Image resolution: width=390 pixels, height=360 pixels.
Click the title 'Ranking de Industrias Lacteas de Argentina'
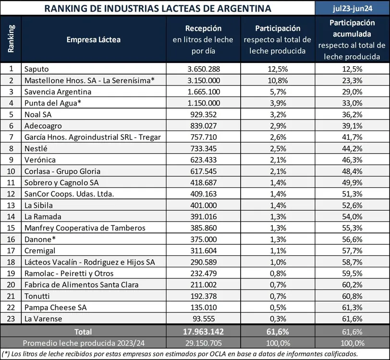(x=157, y=8)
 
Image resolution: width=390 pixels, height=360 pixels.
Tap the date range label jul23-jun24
(x=352, y=8)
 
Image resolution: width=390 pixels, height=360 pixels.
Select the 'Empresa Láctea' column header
(x=94, y=39)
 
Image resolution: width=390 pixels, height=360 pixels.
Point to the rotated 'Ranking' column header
(x=11, y=39)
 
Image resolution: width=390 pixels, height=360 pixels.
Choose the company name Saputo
(x=37, y=69)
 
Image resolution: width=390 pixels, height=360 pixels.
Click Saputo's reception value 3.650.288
(x=204, y=69)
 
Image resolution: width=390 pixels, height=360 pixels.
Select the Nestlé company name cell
(x=37, y=148)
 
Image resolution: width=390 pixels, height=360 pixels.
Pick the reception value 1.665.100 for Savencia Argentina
(x=204, y=92)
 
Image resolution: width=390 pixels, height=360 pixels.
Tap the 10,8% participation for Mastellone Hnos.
(x=278, y=80)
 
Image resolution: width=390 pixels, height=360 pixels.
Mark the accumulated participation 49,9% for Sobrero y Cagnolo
(x=352, y=182)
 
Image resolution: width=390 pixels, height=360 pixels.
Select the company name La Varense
(x=43, y=318)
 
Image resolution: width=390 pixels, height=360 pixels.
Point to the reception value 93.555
(x=204, y=318)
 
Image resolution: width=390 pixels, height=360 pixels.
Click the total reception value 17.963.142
(x=204, y=331)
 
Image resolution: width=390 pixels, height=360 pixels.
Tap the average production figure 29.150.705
(x=204, y=343)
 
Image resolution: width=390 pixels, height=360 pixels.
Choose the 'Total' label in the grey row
(x=83, y=331)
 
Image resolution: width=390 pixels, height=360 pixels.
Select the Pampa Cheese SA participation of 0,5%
(x=278, y=307)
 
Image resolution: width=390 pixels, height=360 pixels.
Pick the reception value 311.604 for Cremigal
(x=204, y=251)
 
